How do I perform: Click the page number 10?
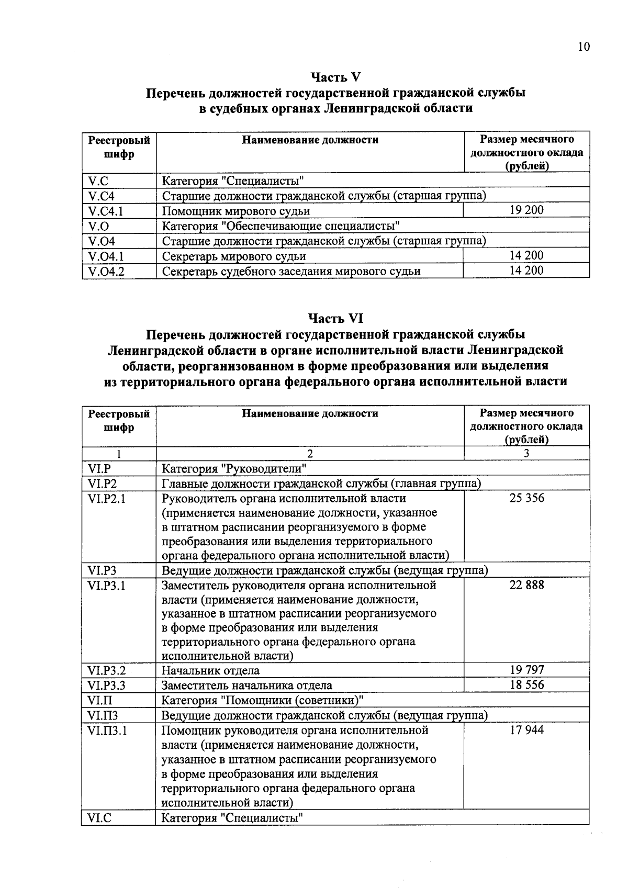point(584,47)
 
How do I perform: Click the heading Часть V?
point(335,77)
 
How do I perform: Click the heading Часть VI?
point(335,319)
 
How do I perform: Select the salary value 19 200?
point(526,210)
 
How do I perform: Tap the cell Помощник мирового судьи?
point(236,211)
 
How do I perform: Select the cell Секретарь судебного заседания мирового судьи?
point(291,272)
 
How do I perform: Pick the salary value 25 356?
point(526,498)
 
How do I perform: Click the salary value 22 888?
point(526,585)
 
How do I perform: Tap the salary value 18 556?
point(526,685)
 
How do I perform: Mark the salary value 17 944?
point(526,730)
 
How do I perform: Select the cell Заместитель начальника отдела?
point(247,685)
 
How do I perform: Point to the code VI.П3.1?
point(107,730)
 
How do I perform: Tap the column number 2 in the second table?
point(310,454)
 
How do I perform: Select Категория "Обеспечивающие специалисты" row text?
point(282,227)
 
